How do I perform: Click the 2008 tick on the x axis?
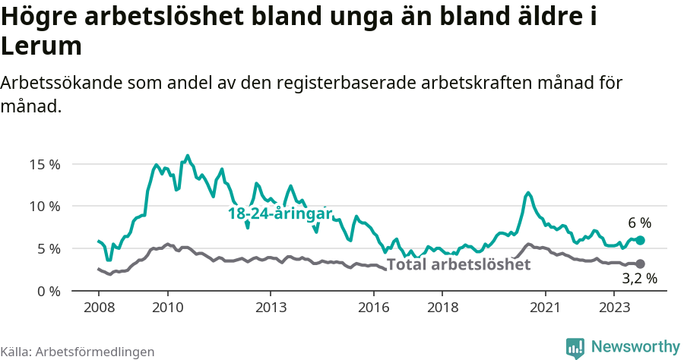pyautogui.click(x=99, y=308)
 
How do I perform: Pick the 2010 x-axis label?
pyautogui.click(x=167, y=308)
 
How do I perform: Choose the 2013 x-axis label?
pyautogui.click(x=271, y=308)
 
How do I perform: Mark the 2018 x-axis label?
pyautogui.click(x=442, y=308)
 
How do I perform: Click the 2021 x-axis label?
pyautogui.click(x=546, y=308)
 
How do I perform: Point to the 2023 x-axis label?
pyautogui.click(x=614, y=308)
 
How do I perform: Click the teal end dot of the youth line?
pyautogui.click(x=640, y=240)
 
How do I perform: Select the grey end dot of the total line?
pyautogui.click(x=640, y=264)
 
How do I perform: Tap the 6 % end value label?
pyautogui.click(x=640, y=223)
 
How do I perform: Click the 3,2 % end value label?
pyautogui.click(x=639, y=279)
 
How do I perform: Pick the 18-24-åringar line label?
pyautogui.click(x=280, y=214)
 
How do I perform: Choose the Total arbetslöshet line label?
pyautogui.click(x=458, y=265)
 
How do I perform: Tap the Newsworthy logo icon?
pyautogui.click(x=575, y=347)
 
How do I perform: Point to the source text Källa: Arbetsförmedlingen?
pyautogui.click(x=78, y=352)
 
